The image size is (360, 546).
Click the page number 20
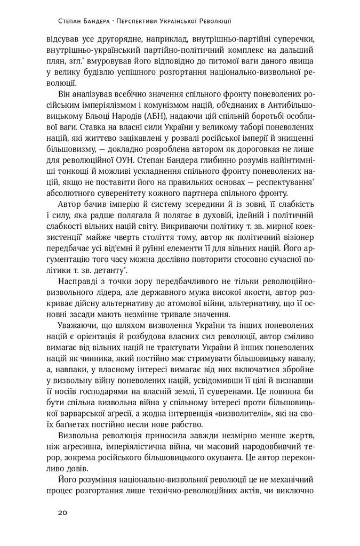pos(62,512)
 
